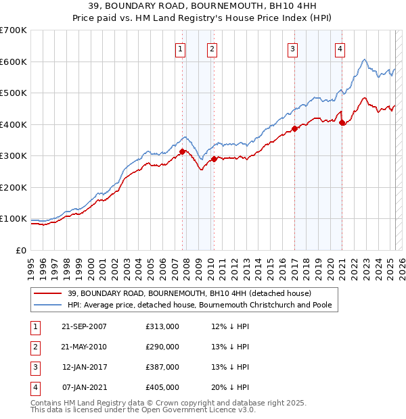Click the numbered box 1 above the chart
point(181,48)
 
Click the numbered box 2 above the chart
point(212,48)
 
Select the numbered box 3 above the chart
point(292,48)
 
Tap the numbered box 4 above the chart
point(340,48)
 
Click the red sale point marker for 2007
point(183,152)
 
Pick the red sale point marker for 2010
point(215,159)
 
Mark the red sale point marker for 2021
point(342,123)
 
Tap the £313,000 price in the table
point(162,326)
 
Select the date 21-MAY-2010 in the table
point(84,347)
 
